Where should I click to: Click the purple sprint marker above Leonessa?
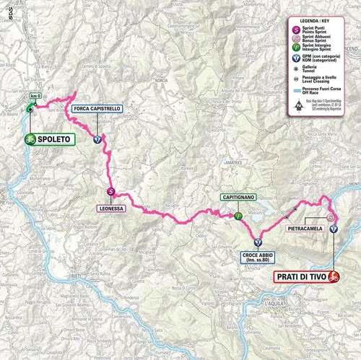pos(111,191)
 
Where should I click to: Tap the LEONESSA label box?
pos(111,208)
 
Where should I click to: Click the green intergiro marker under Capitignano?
pos(237,214)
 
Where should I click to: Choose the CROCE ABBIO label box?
pos(258,258)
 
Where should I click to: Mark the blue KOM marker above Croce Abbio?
pos(258,240)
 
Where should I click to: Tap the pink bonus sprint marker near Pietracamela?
pos(331,216)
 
